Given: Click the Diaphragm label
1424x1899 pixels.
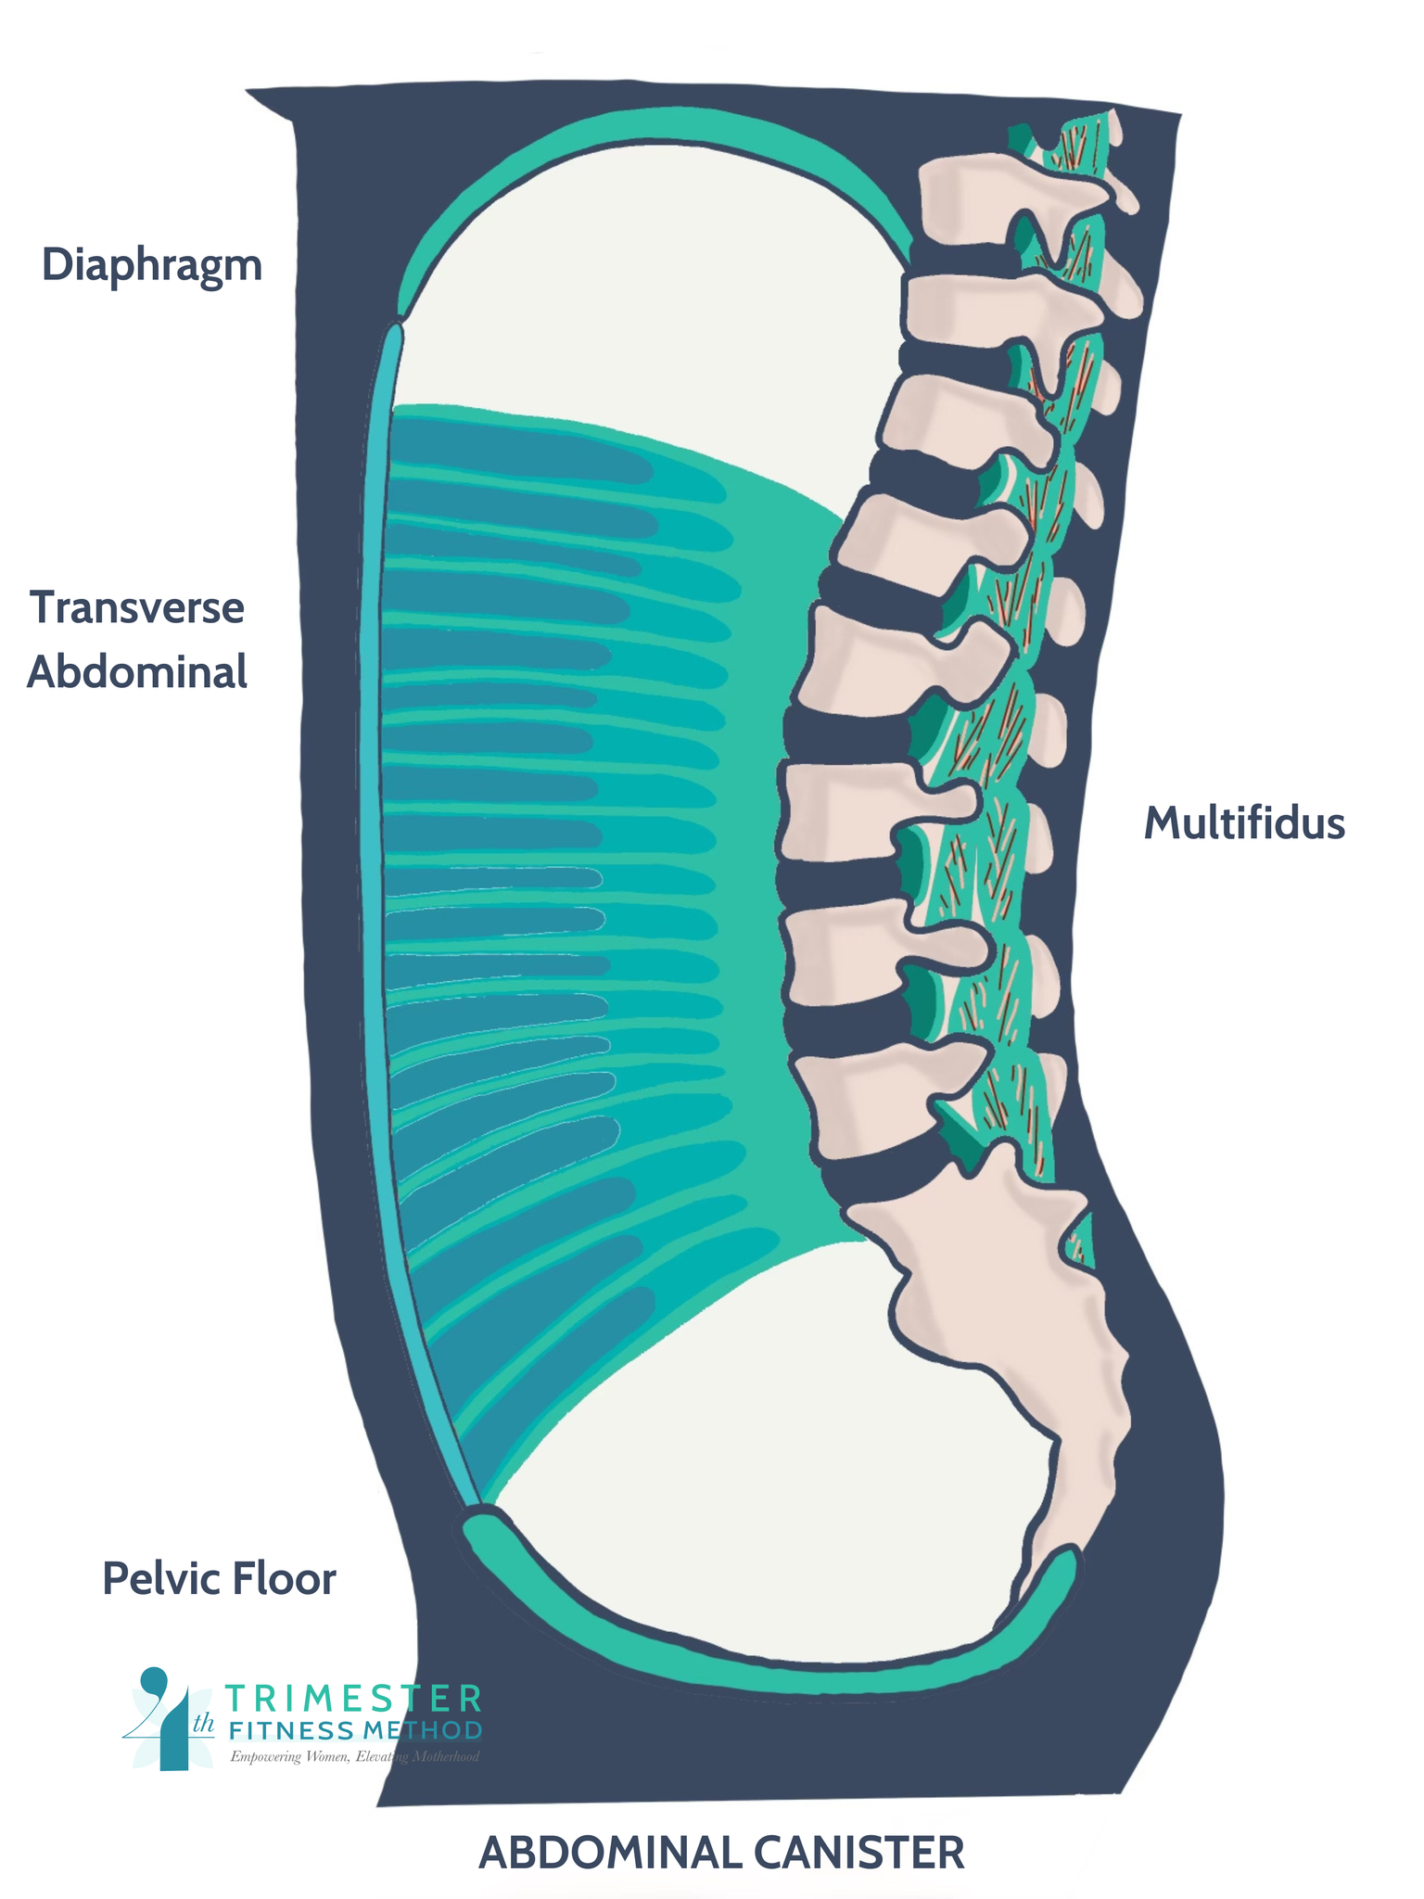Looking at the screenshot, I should coord(152,266).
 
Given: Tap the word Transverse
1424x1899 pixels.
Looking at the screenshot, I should coord(137,608).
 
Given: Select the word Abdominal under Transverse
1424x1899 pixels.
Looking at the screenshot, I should coord(137,672).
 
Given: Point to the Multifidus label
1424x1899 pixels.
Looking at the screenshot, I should coord(1244,823).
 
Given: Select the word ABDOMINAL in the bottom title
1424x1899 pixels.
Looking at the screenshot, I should coord(610,1853).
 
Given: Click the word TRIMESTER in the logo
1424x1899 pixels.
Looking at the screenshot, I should coord(353,1699).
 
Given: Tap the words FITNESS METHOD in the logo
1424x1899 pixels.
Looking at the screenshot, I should coord(355,1730).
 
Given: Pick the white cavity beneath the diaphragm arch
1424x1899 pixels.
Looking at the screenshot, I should coord(649,278).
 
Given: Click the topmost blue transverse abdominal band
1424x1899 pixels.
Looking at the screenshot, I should coord(519,450).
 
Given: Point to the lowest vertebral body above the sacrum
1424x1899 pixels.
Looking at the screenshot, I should coord(881,1099).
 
